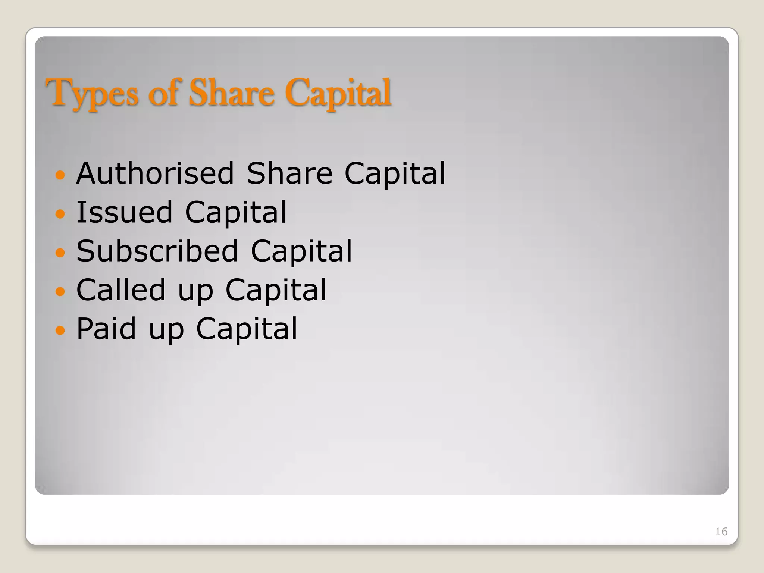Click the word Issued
(125, 212)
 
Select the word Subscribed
(157, 251)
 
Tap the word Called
(121, 290)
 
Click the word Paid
(106, 329)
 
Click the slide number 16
(721, 532)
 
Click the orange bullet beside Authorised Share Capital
(60, 175)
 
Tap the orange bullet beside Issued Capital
(60, 213)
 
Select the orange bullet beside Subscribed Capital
(60, 253)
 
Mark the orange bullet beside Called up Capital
(60, 291)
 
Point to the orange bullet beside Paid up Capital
(60, 330)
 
